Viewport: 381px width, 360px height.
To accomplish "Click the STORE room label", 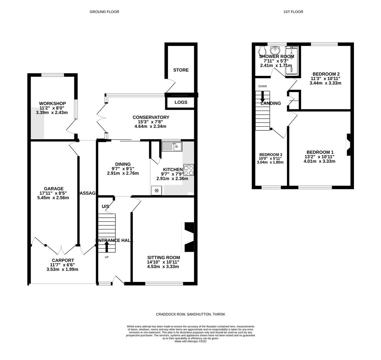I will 181,70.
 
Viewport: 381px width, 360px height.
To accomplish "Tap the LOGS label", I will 181,102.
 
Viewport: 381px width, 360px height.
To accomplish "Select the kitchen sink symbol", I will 172,146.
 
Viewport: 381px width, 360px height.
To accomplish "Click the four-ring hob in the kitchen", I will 188,170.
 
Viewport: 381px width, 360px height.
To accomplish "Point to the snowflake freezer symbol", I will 156,191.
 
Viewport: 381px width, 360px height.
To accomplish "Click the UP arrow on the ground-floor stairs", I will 107,246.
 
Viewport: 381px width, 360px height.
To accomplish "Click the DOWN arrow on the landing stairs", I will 263,97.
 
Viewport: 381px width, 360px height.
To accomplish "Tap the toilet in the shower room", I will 263,51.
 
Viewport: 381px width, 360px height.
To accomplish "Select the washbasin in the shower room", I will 275,50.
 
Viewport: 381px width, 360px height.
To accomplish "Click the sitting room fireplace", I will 188,237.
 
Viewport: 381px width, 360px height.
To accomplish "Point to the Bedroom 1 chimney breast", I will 348,145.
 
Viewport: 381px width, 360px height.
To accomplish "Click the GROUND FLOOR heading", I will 104,12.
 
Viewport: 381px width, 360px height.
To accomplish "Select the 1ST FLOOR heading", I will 293,12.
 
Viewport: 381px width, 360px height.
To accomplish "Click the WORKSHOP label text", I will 52,103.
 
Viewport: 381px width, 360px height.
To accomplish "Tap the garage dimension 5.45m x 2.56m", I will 53,198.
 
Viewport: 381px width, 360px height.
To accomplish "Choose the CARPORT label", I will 63,260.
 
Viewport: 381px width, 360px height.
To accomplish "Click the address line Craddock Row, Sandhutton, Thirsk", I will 190,314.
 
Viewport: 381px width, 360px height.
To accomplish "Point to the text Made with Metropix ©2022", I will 190,341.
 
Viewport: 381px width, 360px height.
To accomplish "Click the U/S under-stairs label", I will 105,207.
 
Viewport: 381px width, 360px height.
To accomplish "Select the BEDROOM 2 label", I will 326,74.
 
